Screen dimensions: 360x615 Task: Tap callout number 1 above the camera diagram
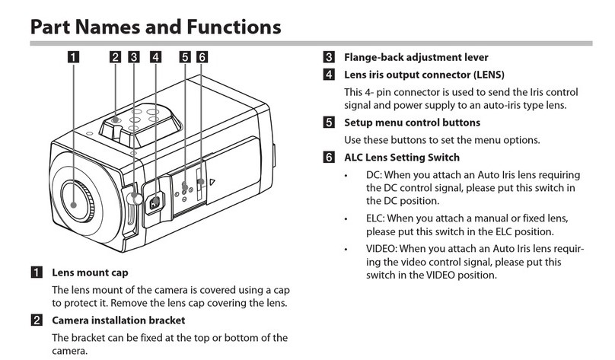73,56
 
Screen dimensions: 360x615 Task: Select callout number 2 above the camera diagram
115,56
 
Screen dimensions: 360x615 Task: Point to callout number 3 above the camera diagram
134,56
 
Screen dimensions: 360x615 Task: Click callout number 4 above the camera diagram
155,56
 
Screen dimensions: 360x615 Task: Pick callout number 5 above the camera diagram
186,56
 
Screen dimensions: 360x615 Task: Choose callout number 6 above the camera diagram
202,56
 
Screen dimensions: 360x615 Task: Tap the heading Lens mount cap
90,272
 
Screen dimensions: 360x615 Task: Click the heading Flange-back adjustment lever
416,57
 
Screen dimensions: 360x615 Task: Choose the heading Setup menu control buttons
412,122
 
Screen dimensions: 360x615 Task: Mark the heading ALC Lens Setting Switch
402,158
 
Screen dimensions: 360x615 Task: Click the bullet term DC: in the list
374,176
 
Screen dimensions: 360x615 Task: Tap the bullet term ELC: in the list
378,218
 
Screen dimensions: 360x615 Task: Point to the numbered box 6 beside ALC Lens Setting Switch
328,158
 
